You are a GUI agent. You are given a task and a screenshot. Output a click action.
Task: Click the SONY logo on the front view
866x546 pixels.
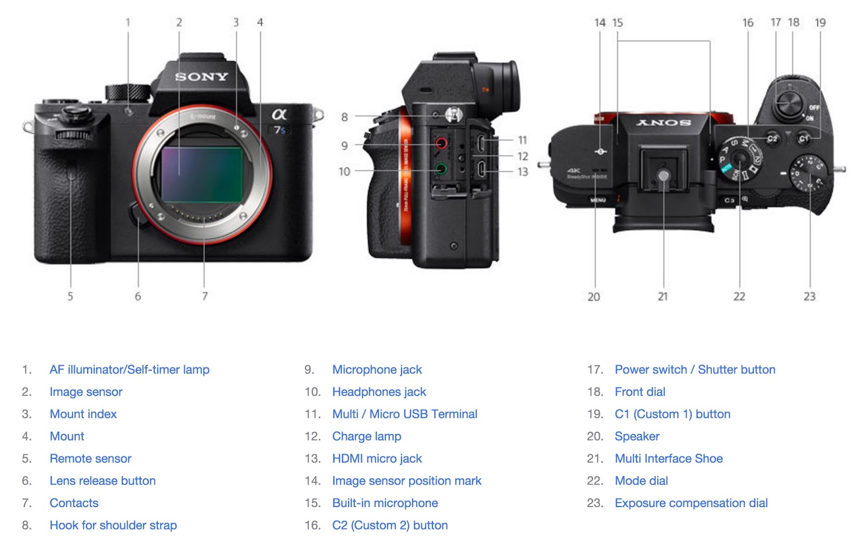click(201, 77)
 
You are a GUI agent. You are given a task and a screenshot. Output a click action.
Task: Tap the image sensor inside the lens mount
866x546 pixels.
click(201, 174)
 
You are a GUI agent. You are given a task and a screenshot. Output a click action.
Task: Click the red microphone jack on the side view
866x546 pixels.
click(441, 143)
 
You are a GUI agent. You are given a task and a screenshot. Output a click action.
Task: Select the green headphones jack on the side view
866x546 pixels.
click(441, 169)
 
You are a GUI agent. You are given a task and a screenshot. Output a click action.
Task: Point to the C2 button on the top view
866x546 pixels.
click(772, 139)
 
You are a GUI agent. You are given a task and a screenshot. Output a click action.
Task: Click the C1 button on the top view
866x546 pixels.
click(804, 139)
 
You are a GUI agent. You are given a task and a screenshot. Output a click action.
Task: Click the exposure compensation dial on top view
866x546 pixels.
click(809, 174)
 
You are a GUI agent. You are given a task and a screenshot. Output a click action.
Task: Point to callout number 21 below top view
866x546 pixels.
click(662, 297)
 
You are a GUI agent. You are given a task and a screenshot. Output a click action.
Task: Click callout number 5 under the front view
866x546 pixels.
click(70, 297)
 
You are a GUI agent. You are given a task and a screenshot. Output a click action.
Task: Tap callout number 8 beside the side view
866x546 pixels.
click(344, 117)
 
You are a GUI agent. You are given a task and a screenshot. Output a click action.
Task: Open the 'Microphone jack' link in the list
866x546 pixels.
click(377, 370)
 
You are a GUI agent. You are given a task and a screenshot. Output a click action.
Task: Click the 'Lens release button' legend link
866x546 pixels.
click(102, 481)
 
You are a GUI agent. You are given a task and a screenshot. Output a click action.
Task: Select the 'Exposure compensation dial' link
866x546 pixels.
click(691, 503)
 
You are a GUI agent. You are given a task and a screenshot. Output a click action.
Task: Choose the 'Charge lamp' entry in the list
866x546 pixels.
click(366, 436)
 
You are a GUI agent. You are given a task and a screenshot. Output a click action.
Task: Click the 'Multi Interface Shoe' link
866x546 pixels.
click(668, 458)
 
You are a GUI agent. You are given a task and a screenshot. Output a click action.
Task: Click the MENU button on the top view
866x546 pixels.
click(598, 200)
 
